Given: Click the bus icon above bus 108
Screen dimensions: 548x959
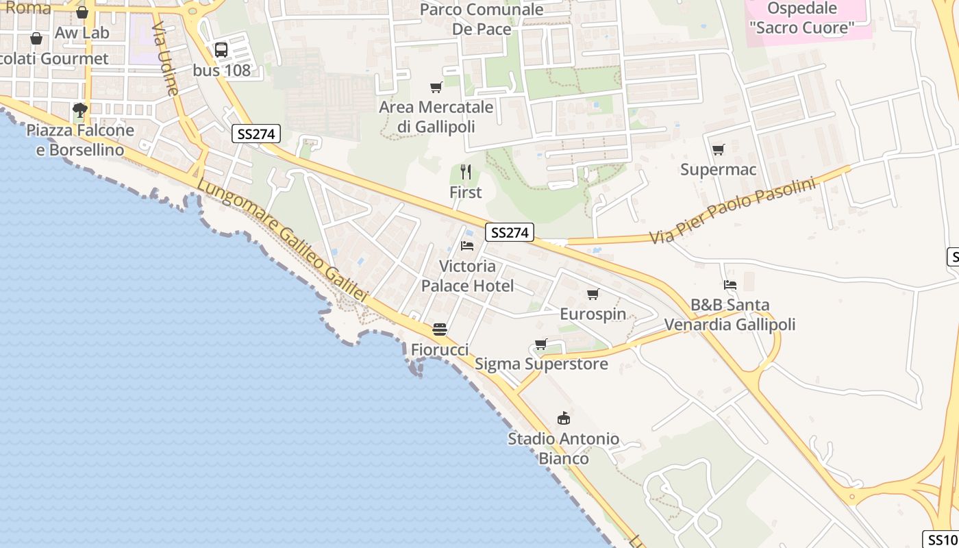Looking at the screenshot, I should (221, 50).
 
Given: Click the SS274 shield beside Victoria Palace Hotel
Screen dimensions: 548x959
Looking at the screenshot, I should (509, 233).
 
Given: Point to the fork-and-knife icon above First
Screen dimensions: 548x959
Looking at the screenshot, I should (466, 171).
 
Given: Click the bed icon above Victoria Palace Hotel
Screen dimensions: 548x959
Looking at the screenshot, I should (467, 245).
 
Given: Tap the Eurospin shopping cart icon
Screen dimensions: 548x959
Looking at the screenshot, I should (593, 294).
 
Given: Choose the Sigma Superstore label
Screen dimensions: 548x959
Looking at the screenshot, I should (541, 364).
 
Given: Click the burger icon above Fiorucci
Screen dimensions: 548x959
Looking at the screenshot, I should (440, 329).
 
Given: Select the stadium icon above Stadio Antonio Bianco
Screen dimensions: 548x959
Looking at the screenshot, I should (564, 418).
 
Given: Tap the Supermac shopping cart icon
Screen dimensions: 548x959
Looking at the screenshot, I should (718, 149).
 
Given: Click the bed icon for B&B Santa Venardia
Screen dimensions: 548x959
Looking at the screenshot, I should (730, 284).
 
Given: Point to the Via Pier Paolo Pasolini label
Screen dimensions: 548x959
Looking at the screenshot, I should (732, 210).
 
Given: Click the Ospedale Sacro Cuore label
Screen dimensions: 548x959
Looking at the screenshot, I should (802, 18).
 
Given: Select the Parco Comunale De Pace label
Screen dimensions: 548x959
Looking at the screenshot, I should (482, 19).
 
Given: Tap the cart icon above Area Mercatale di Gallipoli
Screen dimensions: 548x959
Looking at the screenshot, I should (436, 87).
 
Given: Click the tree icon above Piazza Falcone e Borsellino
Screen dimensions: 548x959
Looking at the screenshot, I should (80, 110).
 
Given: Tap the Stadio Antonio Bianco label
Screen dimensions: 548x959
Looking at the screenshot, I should (563, 448).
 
